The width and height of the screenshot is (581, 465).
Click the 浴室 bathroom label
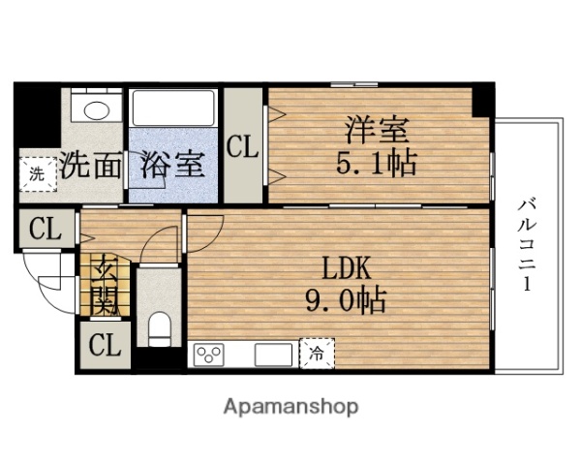(172, 165)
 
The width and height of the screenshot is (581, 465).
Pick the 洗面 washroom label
(91, 165)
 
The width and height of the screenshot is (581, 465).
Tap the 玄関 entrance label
(105, 286)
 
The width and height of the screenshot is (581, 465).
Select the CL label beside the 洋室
(243, 148)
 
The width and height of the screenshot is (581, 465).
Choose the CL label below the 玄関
(105, 346)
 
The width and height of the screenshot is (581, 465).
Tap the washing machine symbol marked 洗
(36, 175)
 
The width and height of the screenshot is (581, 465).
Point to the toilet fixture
(159, 326)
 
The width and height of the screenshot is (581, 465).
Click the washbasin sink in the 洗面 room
(95, 108)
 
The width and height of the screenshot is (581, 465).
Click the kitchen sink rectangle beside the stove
(272, 355)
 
